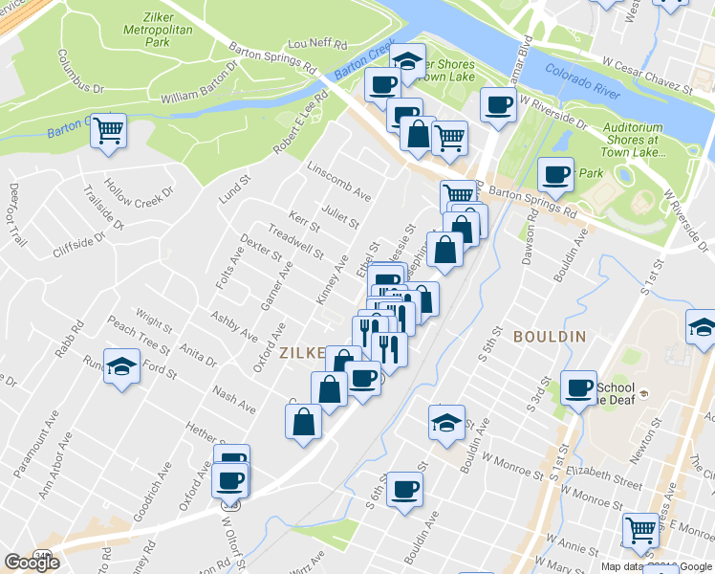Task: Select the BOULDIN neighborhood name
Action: pyautogui.click(x=549, y=337)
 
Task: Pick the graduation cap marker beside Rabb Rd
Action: pyautogui.click(x=122, y=365)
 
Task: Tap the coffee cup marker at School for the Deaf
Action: pyautogui.click(x=578, y=388)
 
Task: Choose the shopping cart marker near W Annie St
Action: pyautogui.click(x=640, y=528)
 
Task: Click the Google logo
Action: pyautogui.click(x=32, y=563)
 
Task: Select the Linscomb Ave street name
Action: pyautogui.click(x=338, y=180)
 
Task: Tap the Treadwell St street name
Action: pyautogui.click(x=295, y=242)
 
